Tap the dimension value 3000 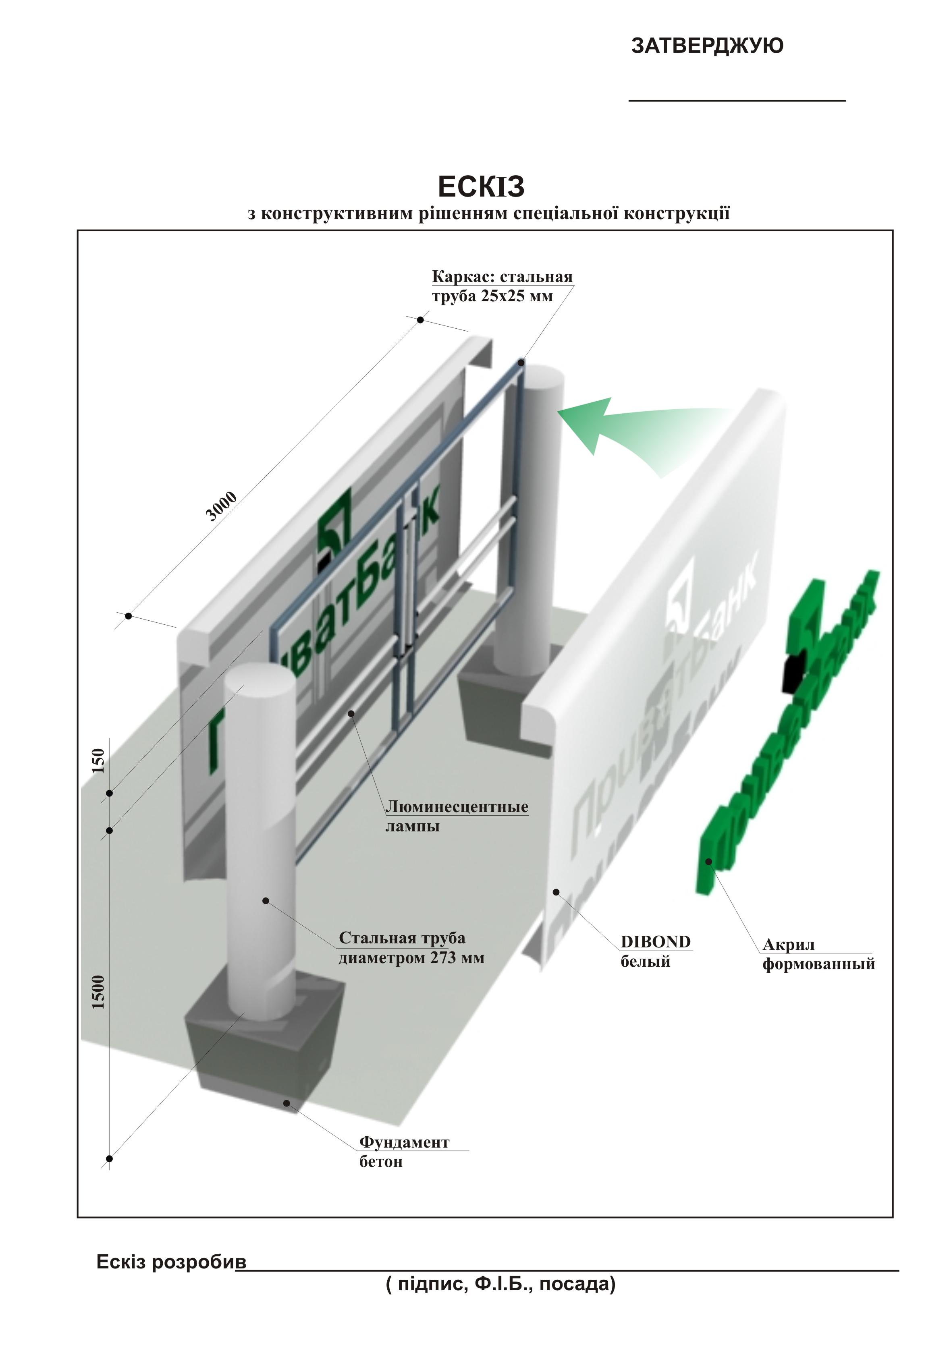(x=221, y=506)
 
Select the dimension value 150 (x=99, y=760)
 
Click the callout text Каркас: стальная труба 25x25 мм (x=502, y=286)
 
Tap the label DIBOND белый (x=655, y=951)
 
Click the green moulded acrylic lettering (x=783, y=742)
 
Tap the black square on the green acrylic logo (x=793, y=672)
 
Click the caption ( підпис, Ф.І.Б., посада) (x=500, y=1284)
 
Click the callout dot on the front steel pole (x=266, y=901)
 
